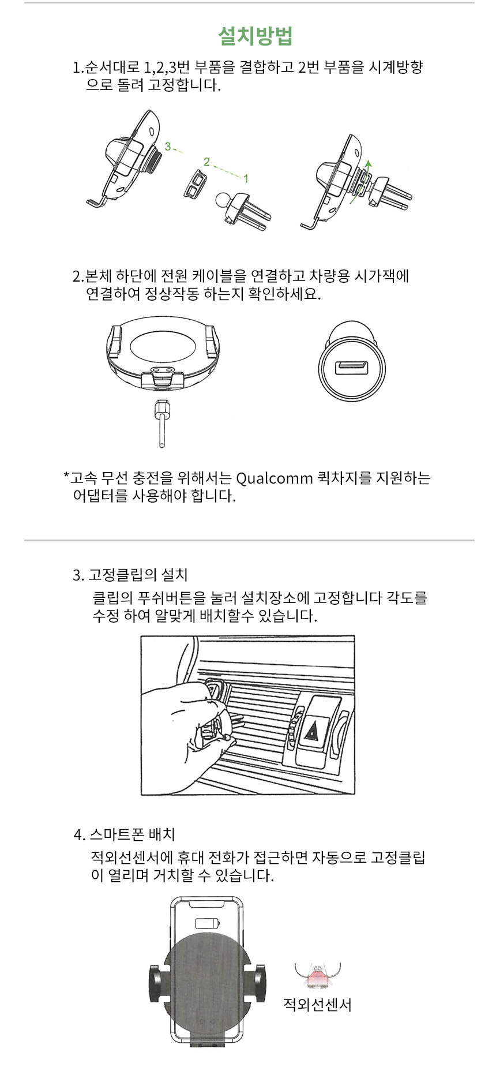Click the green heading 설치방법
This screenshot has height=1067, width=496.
255,36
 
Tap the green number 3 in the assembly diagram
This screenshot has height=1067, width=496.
168,147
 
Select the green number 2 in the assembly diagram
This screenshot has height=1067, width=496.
206,162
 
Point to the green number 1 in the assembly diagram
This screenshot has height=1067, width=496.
246,178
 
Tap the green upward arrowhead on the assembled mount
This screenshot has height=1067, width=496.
369,164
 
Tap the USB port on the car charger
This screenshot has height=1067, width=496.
351,367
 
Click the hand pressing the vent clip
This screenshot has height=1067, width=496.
185,716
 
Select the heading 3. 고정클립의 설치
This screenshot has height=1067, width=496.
130,575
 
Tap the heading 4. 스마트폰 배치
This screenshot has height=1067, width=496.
125,834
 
